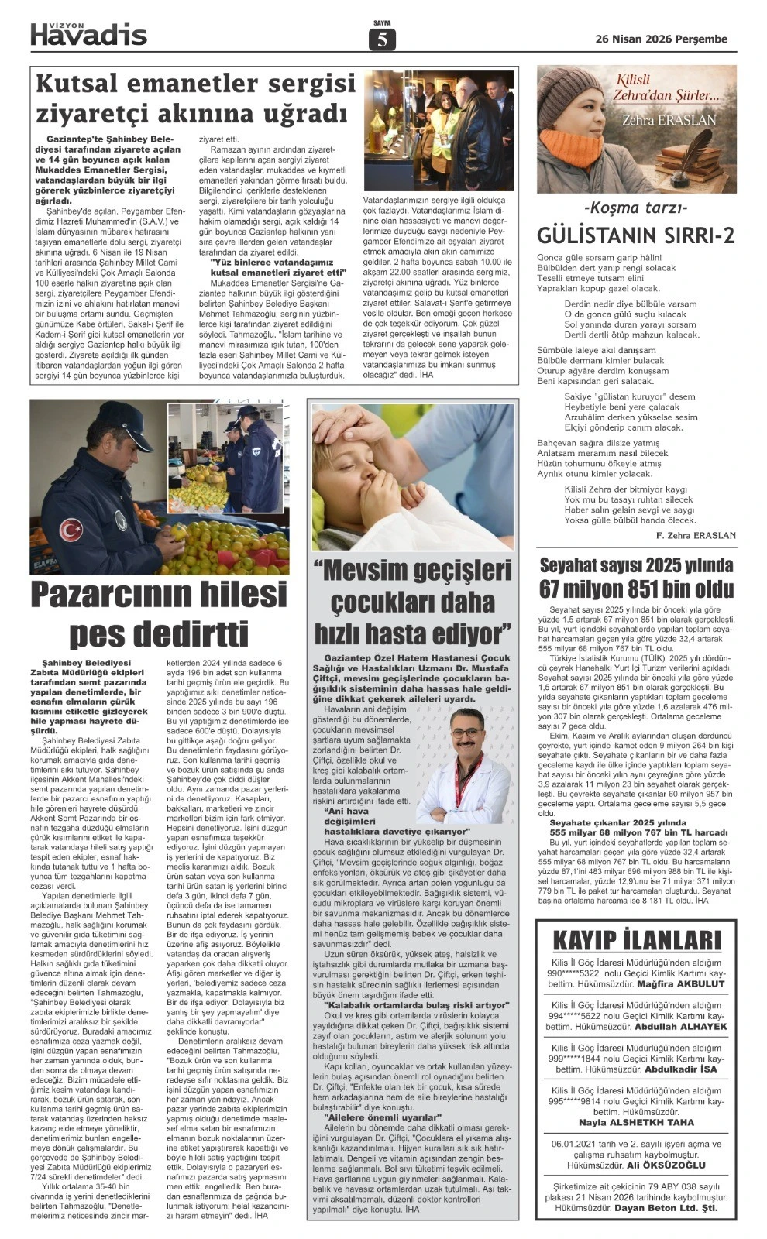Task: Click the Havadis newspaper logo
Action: click(x=88, y=33)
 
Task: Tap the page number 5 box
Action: click(x=383, y=39)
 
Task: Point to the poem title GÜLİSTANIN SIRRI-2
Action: click(x=636, y=236)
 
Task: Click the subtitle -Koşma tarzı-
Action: click(x=636, y=208)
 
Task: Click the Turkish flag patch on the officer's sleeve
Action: click(x=71, y=529)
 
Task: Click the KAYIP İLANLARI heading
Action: click(x=636, y=940)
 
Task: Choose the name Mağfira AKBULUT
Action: click(x=682, y=983)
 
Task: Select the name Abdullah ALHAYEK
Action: click(x=680, y=1026)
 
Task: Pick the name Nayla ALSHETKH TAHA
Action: click(x=636, y=1122)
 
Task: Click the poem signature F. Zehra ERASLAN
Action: click(x=695, y=535)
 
